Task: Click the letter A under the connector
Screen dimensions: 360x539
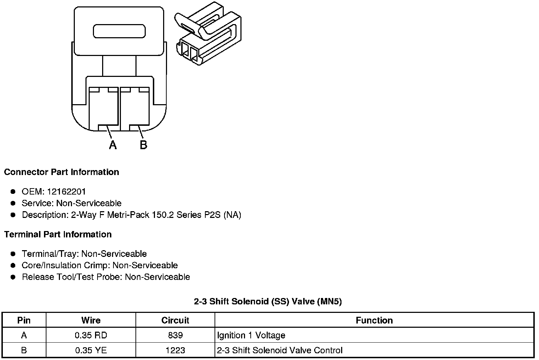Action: click(x=113, y=145)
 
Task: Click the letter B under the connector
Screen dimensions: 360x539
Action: click(x=143, y=145)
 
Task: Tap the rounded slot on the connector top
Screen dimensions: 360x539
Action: click(x=119, y=31)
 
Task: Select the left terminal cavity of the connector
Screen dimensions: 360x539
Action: click(x=103, y=108)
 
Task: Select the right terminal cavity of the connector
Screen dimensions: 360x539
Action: click(x=135, y=108)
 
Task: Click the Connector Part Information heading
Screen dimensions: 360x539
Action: click(x=61, y=172)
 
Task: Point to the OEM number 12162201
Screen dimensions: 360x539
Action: click(x=66, y=192)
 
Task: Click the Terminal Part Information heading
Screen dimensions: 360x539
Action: click(x=58, y=235)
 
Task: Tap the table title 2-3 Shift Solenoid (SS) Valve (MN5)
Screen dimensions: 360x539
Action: click(x=268, y=302)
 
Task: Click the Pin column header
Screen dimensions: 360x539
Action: click(x=24, y=320)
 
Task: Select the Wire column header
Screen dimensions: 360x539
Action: click(x=91, y=320)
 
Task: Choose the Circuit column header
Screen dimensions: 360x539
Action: click(x=175, y=320)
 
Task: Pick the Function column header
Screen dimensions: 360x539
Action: click(x=374, y=320)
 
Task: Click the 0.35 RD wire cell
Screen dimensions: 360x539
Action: click(x=91, y=335)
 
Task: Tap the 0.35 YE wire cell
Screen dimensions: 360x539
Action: click(x=91, y=350)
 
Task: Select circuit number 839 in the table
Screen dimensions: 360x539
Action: click(x=175, y=335)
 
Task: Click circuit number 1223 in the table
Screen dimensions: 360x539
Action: click(x=175, y=350)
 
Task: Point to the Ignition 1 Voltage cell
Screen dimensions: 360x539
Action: click(x=251, y=335)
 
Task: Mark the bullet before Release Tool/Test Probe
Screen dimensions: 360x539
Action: click(x=13, y=277)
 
